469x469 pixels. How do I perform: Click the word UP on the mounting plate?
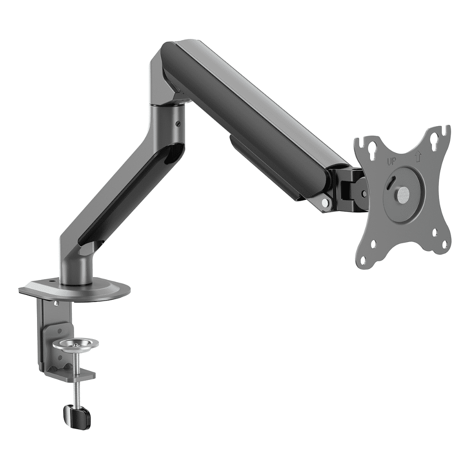tap(391, 162)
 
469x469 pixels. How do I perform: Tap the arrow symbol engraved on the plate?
tap(418, 156)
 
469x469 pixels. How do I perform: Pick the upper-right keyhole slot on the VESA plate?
tap(434, 138)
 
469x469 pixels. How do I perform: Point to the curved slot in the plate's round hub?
tap(392, 182)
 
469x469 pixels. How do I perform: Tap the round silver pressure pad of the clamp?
tap(76, 344)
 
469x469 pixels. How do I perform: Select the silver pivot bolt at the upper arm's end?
tap(325, 203)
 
